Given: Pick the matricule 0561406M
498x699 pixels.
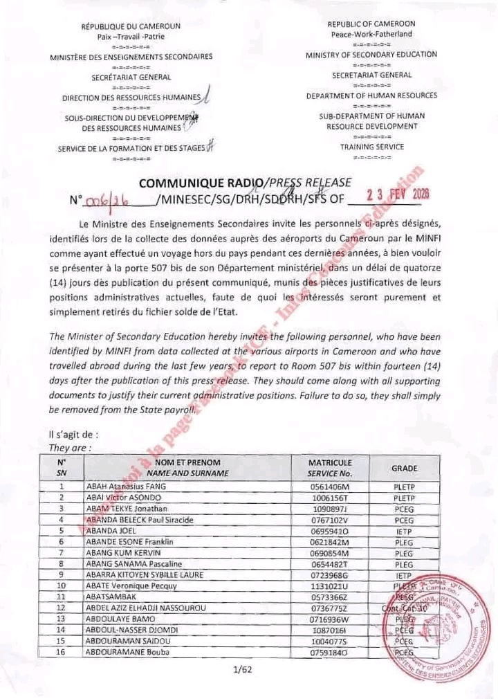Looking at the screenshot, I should pyautogui.click(x=330, y=487).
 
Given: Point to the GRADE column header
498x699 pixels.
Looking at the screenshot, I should pyautogui.click(x=404, y=469).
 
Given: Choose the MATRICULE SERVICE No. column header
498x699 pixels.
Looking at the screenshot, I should pyautogui.click(x=330, y=469).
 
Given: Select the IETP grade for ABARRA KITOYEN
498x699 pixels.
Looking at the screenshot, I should pyautogui.click(x=404, y=574).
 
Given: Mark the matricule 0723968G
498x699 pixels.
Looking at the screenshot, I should pyautogui.click(x=330, y=574).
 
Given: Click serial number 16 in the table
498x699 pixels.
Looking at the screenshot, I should pyautogui.click(x=62, y=651).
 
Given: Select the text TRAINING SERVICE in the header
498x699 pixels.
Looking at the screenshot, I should pyautogui.click(x=371, y=147).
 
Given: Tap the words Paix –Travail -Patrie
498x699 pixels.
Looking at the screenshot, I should pyautogui.click(x=131, y=36).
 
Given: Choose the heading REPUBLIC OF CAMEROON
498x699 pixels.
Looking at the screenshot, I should pyautogui.click(x=371, y=24).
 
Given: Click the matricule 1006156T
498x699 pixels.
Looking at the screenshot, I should pyautogui.click(x=330, y=498).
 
